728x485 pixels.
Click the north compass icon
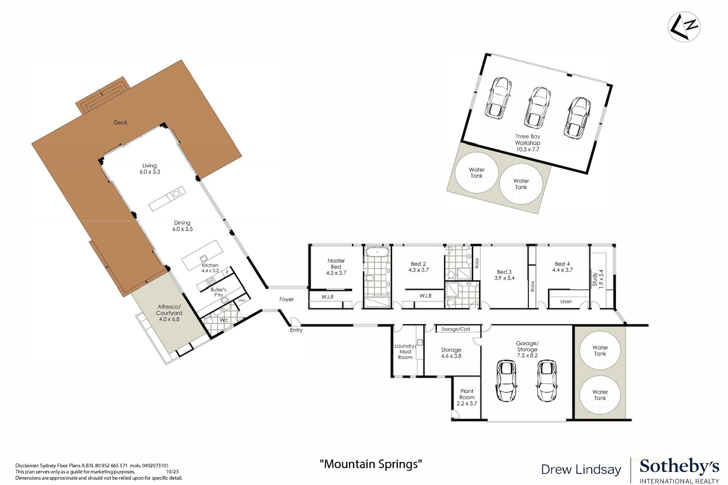tap(684, 27)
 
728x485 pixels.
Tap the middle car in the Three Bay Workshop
tap(538, 106)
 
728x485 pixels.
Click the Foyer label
tap(286, 299)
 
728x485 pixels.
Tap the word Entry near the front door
tap(296, 330)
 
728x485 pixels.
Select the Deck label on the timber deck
tap(121, 122)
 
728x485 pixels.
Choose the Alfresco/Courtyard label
tap(169, 313)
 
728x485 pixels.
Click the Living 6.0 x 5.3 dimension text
tap(150, 172)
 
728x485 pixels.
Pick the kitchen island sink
tap(203, 259)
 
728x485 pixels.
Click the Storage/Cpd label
tap(455, 329)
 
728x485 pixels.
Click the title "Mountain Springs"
tap(370, 464)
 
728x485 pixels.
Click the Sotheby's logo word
tap(679, 467)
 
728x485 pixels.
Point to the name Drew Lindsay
tap(581, 470)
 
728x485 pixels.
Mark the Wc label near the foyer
tap(224, 320)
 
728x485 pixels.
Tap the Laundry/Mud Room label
tap(405, 352)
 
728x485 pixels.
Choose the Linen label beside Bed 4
tap(566, 302)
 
